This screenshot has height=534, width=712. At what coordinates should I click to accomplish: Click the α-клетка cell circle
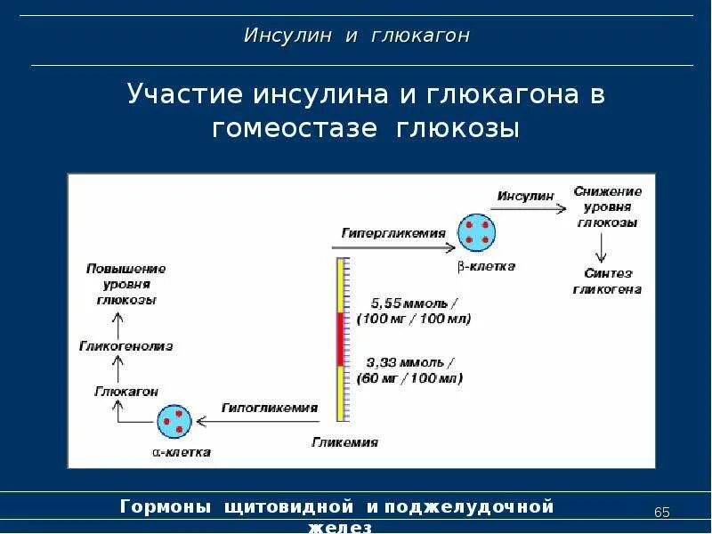pyautogui.click(x=174, y=421)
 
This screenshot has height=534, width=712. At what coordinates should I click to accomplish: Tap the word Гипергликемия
pyautogui.click(x=392, y=232)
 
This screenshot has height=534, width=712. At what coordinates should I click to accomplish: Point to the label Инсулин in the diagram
pyautogui.click(x=525, y=195)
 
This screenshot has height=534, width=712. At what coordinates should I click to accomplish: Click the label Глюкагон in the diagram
pyautogui.click(x=126, y=391)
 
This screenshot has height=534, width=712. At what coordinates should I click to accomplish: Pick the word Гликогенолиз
pyautogui.click(x=126, y=345)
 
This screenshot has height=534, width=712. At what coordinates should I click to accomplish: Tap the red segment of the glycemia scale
pyautogui.click(x=341, y=339)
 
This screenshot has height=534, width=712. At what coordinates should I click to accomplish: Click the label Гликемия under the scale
pyautogui.click(x=344, y=441)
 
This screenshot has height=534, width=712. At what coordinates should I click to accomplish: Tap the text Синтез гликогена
pyautogui.click(x=607, y=281)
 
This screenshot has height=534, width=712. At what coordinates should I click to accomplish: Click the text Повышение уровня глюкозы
pyautogui.click(x=125, y=284)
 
